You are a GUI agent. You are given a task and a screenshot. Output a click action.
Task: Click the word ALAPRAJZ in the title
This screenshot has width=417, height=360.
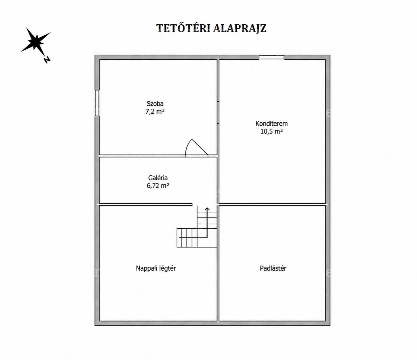[240, 28]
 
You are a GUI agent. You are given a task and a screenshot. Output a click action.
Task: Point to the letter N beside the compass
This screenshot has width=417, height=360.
[47, 60]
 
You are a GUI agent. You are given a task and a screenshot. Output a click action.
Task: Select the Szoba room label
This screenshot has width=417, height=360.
[155, 104]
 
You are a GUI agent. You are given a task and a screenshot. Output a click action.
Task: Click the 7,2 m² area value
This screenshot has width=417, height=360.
[155, 111]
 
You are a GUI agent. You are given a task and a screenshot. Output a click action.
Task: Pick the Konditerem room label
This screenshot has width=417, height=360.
[271, 124]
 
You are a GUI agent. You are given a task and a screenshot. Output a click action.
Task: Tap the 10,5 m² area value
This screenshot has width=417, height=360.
[271, 131]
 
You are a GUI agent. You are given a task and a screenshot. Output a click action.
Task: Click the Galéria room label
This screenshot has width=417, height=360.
[158, 178]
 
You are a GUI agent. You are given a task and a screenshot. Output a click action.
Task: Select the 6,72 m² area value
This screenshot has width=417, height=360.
[158, 186]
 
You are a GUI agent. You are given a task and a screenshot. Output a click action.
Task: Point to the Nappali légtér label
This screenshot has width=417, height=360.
[156, 268]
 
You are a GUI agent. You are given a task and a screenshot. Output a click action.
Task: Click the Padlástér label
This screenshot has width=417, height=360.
[273, 268]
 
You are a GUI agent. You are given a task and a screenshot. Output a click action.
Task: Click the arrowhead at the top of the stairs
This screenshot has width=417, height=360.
[207, 209]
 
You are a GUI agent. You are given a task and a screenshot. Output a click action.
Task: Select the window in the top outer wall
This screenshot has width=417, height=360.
[271, 57]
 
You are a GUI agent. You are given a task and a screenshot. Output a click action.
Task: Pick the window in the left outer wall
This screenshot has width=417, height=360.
[97, 103]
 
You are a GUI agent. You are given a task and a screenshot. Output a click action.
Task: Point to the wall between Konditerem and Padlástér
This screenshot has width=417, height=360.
[272, 204]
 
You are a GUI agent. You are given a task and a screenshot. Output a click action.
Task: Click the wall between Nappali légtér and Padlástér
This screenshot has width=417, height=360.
[218, 263]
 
